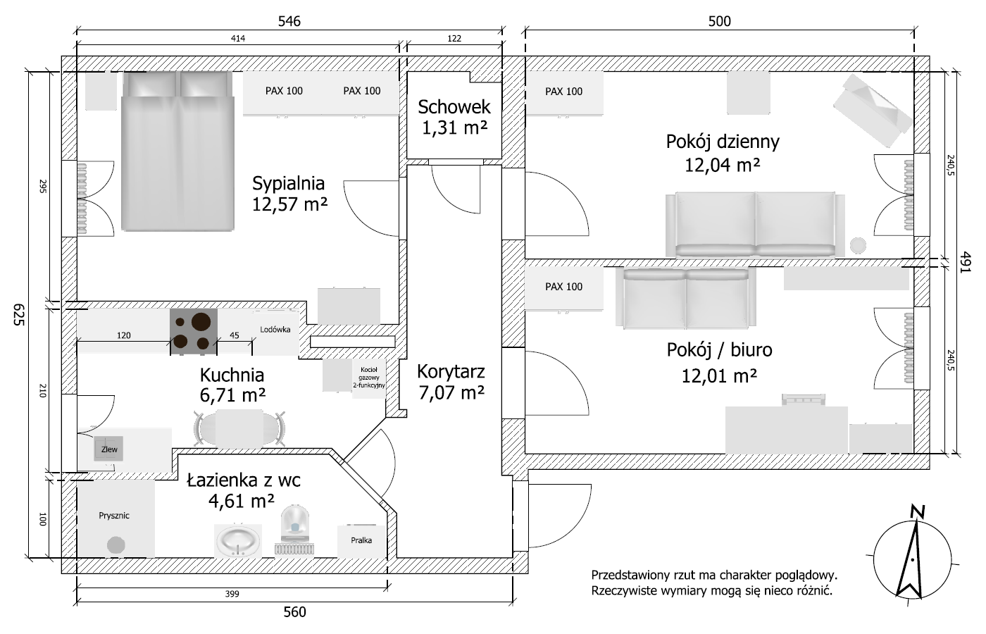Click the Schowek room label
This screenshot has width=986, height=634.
point(454,107)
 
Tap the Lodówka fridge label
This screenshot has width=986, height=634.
point(275,330)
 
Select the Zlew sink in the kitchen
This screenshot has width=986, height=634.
point(108,449)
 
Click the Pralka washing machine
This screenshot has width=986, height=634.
point(361,540)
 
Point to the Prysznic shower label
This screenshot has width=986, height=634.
point(114,516)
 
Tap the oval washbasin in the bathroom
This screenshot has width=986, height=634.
point(238,541)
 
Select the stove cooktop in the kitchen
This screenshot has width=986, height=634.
point(194,331)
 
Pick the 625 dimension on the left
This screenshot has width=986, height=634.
point(18,314)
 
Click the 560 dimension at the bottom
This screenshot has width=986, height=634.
point(294,612)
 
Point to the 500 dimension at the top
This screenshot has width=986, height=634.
point(719,21)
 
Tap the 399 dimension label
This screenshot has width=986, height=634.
point(232,594)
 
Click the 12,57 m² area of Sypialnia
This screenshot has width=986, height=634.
point(289,204)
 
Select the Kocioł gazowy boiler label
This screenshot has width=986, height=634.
point(369,378)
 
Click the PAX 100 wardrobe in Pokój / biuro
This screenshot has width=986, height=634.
point(564,287)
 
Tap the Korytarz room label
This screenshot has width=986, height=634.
point(451,372)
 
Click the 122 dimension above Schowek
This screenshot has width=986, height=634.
point(454,39)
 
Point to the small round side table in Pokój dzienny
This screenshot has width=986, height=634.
point(858,245)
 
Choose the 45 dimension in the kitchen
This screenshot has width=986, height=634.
point(234,335)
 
